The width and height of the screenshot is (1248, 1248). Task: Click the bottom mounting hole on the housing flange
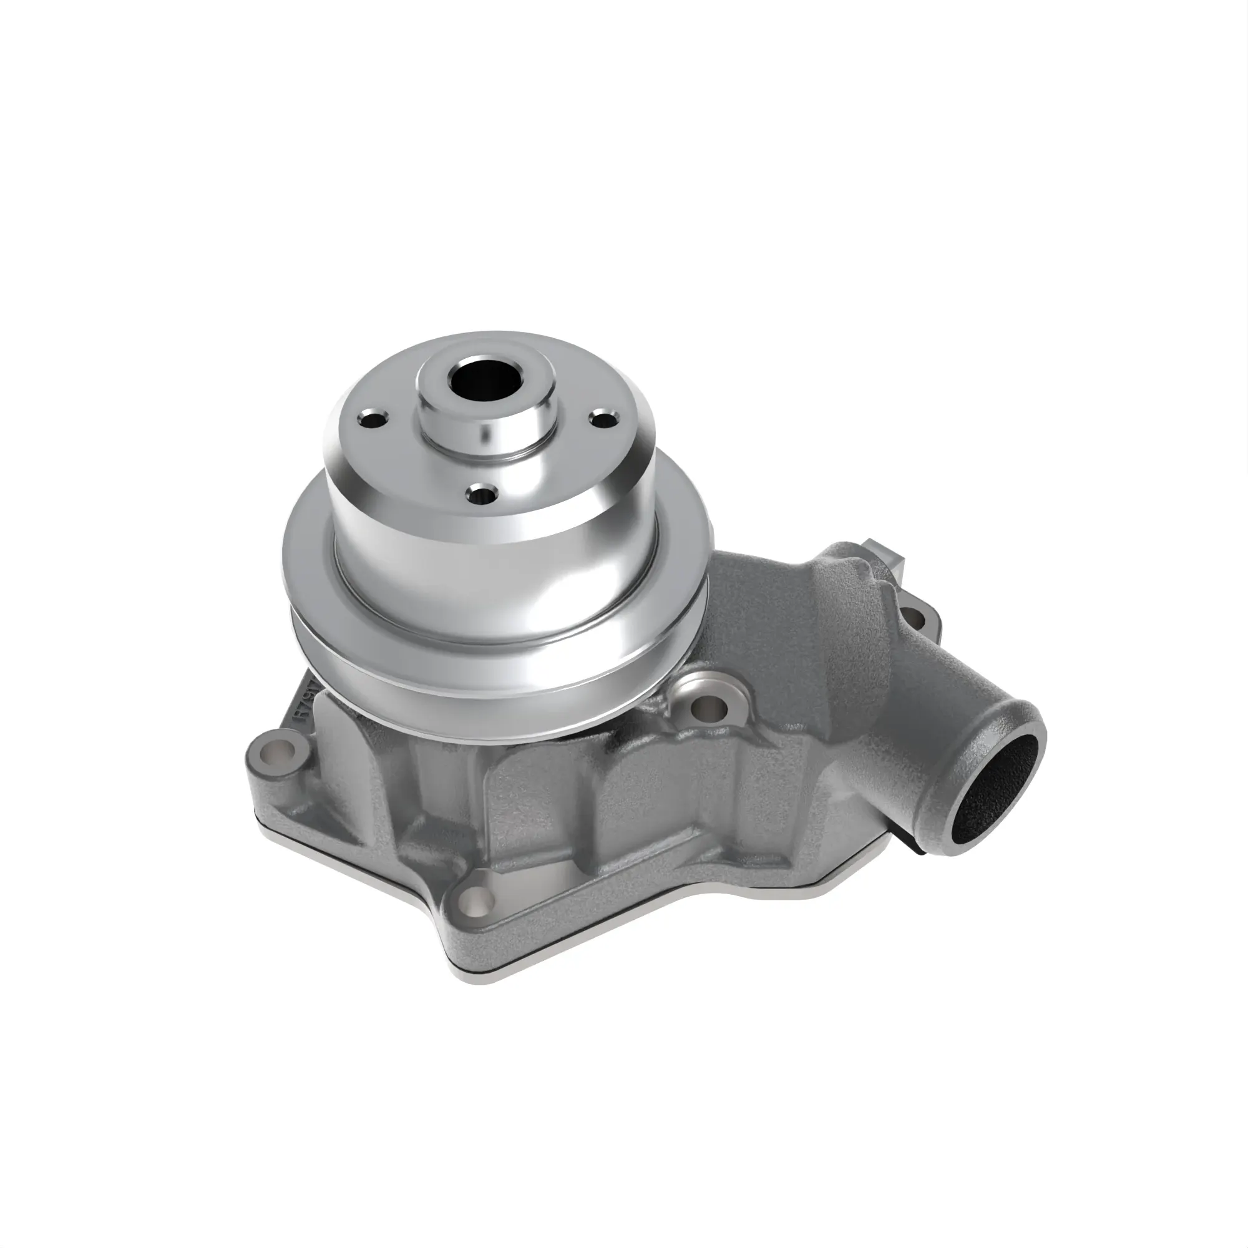(476, 899)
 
